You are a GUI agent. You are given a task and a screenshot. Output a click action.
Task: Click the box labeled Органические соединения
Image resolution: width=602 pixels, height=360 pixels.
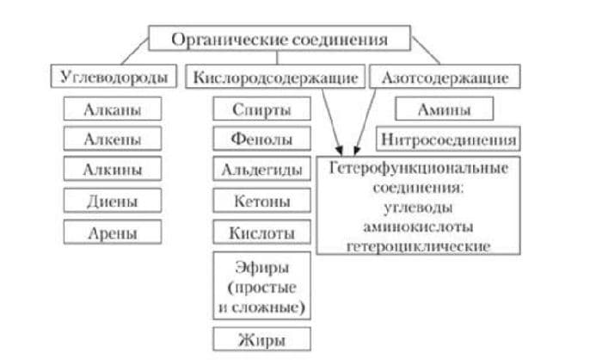(279, 40)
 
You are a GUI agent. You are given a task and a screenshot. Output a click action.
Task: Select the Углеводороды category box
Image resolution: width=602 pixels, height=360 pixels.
(113, 77)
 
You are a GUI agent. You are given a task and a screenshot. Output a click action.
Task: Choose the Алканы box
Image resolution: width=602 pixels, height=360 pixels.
(113, 109)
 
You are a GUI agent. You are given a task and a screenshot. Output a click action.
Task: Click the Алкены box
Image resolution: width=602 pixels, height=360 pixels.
(113, 138)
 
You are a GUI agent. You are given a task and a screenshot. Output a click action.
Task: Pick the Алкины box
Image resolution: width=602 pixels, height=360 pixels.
(113, 170)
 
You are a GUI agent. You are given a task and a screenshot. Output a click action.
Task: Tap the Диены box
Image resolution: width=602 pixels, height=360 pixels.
(113, 201)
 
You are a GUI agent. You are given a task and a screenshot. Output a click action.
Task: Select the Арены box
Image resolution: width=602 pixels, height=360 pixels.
(113, 232)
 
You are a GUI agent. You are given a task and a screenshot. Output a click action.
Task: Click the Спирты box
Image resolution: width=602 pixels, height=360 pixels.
(261, 109)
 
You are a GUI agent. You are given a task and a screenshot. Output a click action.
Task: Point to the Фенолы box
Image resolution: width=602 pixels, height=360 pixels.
(261, 138)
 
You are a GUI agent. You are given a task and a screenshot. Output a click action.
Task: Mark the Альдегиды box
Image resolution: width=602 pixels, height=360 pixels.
(261, 170)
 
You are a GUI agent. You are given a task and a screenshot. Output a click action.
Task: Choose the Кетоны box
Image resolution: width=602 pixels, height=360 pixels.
(261, 202)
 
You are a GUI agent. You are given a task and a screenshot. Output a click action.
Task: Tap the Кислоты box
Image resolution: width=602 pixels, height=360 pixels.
(261, 233)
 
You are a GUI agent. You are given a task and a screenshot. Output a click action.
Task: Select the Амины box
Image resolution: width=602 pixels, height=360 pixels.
(444, 109)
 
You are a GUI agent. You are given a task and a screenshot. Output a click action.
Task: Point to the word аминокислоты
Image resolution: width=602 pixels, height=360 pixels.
(418, 227)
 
